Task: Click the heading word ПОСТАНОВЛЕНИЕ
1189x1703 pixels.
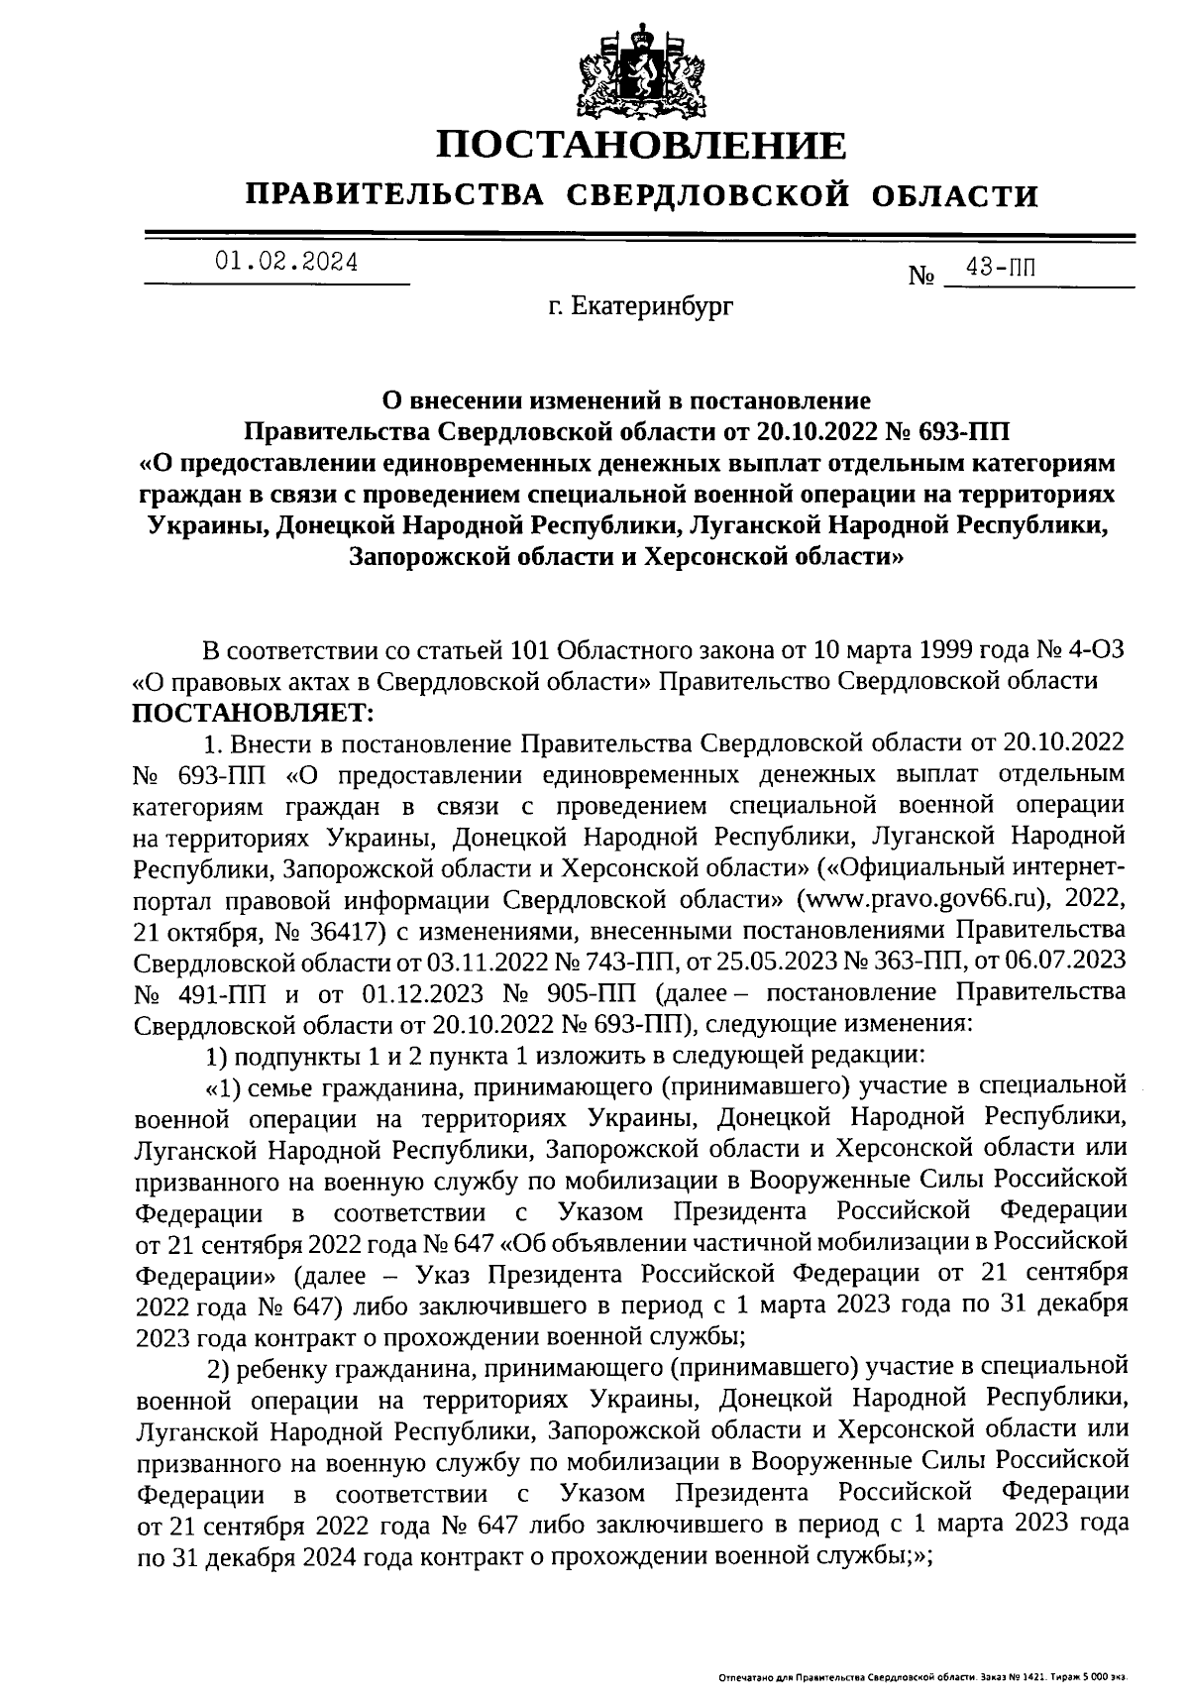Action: pos(642,146)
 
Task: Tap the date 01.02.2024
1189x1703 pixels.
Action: pos(287,262)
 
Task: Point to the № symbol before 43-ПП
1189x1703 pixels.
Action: pos(921,276)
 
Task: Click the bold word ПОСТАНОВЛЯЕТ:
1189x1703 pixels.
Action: pos(255,712)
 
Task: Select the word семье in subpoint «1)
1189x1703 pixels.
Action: pos(275,1087)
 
